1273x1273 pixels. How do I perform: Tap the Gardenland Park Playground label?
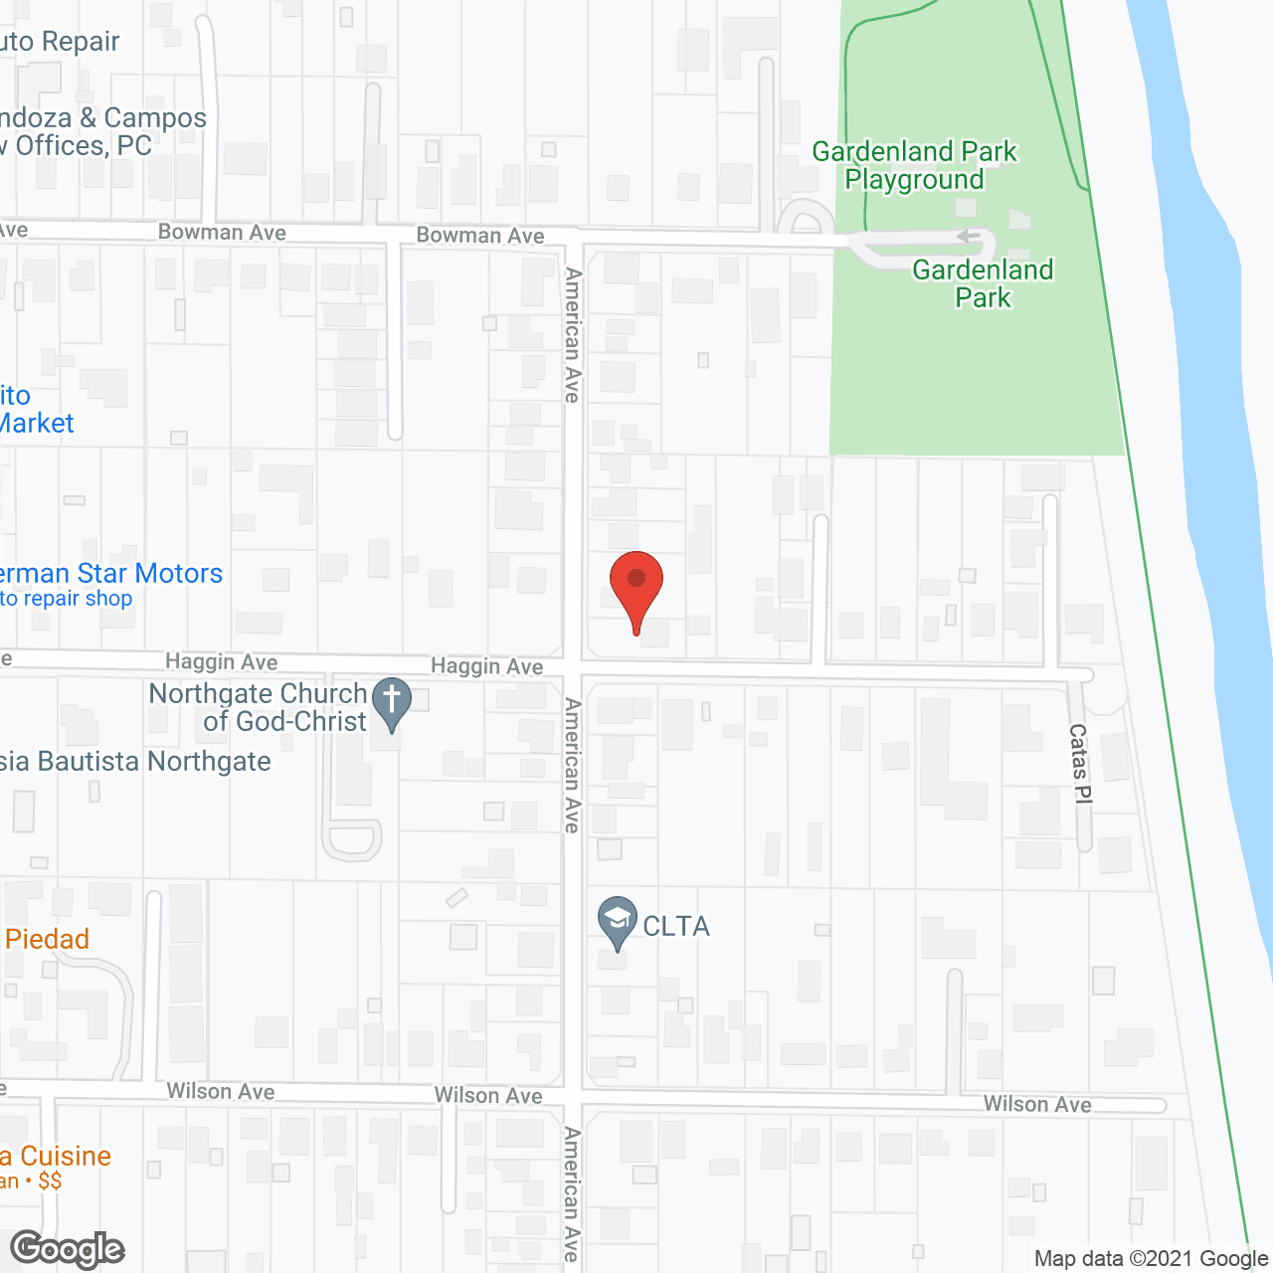[x=914, y=166]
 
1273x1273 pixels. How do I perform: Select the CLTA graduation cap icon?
[x=618, y=920]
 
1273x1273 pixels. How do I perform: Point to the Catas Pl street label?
[x=1080, y=763]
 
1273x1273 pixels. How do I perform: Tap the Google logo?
[x=68, y=1249]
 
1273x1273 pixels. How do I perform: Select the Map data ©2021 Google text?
[x=1151, y=1259]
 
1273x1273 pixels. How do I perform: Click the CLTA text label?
[x=676, y=927]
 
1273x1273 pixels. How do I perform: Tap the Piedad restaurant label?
[x=47, y=939]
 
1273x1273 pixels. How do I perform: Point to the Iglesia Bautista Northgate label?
[x=135, y=762]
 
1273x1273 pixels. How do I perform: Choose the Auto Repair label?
[x=60, y=42]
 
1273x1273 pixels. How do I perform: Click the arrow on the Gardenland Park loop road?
[x=963, y=236]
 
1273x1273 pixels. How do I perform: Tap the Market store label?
[x=36, y=424]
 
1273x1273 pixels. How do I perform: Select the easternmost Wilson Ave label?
[x=1037, y=1104]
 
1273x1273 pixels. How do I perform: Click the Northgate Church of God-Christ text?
[x=259, y=707]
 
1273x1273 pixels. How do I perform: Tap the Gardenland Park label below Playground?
[x=983, y=283]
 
